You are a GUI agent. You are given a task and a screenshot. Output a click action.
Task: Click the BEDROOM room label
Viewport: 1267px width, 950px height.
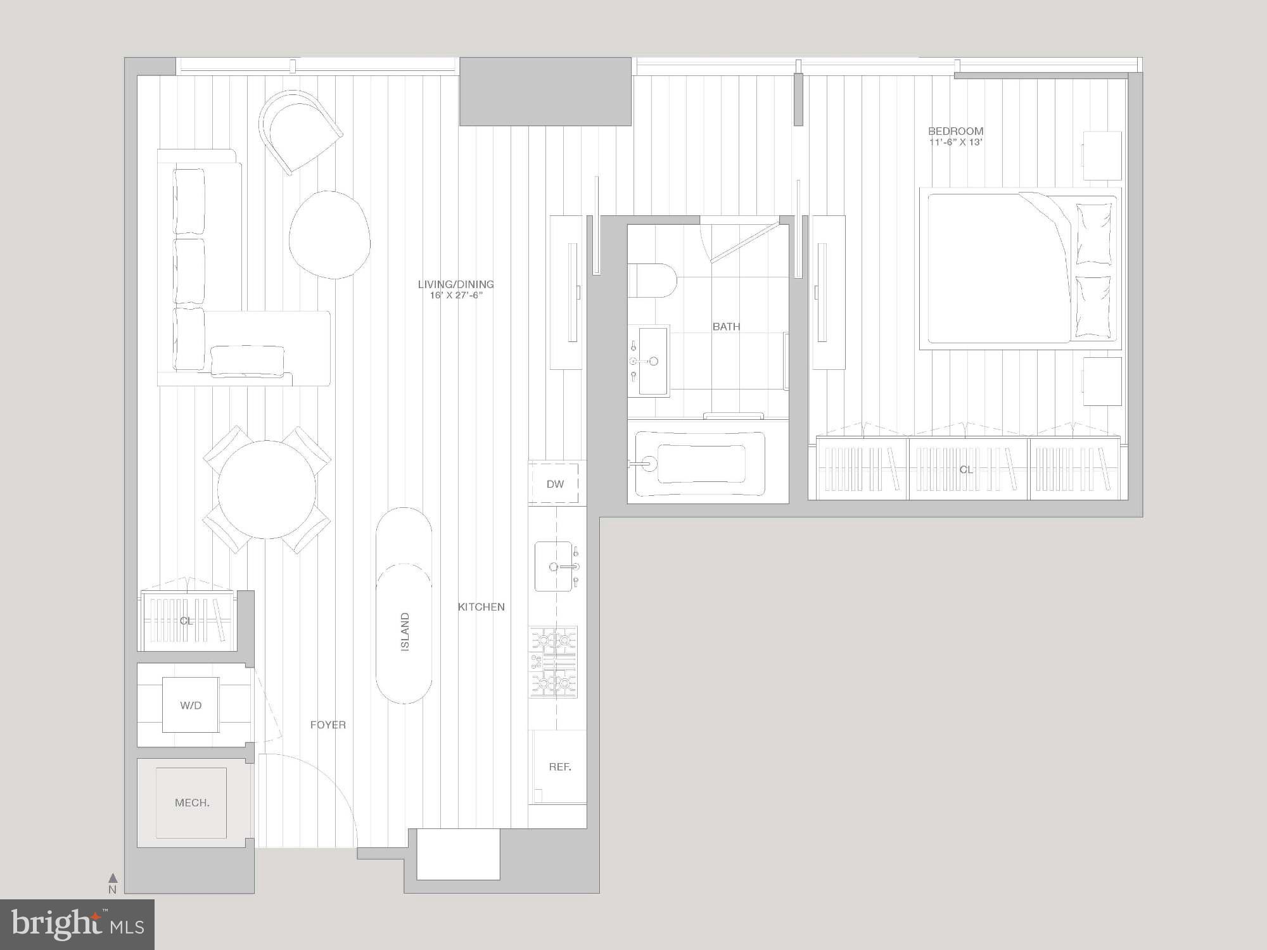955,132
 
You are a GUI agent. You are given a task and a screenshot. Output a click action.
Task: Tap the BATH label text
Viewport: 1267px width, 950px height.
726,327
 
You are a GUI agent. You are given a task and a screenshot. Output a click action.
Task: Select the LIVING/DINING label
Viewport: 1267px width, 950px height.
455,285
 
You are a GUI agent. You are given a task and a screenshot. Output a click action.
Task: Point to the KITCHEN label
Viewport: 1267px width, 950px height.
481,607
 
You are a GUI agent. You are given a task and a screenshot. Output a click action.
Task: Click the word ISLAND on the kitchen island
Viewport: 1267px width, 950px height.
405,631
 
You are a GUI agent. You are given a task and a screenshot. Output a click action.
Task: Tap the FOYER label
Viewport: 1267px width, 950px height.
328,725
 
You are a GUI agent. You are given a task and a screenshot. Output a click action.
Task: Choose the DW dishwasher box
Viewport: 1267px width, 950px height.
554,484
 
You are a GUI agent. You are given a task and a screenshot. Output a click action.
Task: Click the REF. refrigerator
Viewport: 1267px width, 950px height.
559,767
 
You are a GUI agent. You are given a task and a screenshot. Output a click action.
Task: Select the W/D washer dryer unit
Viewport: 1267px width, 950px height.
191,705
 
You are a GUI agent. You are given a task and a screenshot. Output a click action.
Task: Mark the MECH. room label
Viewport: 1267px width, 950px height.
192,803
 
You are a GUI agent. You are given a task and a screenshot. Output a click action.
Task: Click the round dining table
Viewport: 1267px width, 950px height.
267,490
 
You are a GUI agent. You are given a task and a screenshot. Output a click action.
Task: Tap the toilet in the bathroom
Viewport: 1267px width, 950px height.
653,281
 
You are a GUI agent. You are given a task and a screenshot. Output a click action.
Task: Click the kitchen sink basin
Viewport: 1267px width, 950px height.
554,566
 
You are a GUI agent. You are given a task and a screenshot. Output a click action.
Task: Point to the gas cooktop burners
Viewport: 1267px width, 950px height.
554,662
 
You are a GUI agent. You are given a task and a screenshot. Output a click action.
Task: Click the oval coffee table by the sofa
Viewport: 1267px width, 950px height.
329,234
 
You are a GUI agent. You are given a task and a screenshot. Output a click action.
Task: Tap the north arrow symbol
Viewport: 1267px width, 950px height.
113,878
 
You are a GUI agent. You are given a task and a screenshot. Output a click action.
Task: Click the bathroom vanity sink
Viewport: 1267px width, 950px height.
652,361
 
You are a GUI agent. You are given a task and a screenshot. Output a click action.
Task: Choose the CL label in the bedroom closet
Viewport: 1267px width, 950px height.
965,470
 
